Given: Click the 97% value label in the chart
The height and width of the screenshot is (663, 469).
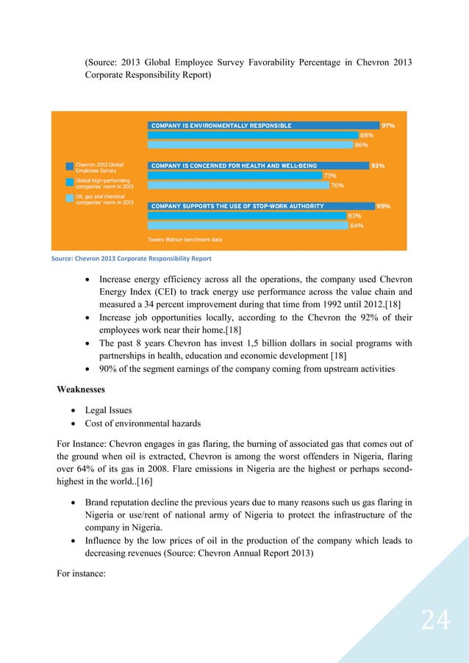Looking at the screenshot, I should click(x=387, y=126).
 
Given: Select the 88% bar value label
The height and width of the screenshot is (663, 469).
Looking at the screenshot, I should click(x=366, y=135).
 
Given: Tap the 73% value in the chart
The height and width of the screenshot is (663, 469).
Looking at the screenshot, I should click(x=330, y=176).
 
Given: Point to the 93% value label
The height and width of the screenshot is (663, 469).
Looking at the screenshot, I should click(x=378, y=166).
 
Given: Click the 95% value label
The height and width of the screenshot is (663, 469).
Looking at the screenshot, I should click(x=383, y=207).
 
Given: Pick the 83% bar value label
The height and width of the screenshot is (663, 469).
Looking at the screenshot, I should click(x=354, y=216).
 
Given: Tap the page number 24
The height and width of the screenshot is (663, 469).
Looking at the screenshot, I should click(x=435, y=621).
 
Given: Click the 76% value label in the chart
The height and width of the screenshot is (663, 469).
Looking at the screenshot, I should click(x=337, y=185).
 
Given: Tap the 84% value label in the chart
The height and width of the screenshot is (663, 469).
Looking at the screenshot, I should click(x=356, y=226).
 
